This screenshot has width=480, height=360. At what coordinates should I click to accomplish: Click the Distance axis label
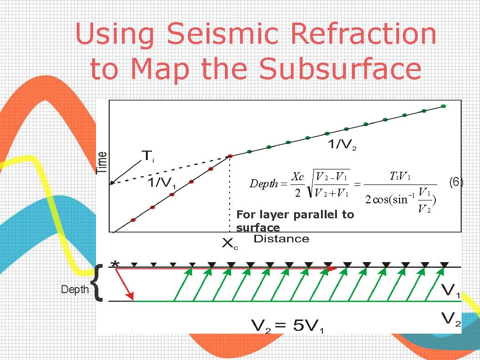click(281, 239)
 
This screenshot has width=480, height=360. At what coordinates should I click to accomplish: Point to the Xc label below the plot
click(230, 244)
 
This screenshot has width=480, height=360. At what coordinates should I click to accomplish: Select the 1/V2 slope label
click(342, 144)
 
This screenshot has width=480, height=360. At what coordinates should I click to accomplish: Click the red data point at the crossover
click(230, 156)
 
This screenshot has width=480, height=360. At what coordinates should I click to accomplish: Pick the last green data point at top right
click(443, 106)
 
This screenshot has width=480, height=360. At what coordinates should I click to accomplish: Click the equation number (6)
click(456, 183)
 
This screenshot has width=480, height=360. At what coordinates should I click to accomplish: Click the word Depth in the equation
click(264, 184)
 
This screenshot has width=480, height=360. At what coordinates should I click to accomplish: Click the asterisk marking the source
click(115, 264)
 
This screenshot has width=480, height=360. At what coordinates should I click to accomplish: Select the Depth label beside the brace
click(75, 289)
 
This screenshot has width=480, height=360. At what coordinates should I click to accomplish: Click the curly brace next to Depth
click(97, 283)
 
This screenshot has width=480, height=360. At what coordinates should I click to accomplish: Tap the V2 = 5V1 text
click(288, 326)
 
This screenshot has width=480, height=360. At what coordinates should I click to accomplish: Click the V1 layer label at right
click(451, 290)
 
